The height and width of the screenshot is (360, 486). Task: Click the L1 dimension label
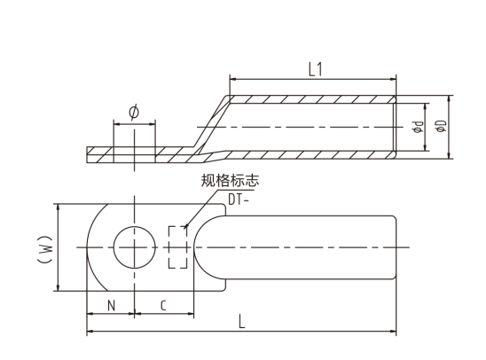point(316,69)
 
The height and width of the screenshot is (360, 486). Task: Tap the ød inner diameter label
point(418,127)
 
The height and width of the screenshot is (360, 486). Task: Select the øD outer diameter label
point(442,126)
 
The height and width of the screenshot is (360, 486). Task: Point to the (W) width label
point(44,249)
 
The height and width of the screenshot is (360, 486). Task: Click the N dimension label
point(111,306)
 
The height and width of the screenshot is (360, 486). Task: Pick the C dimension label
point(163,306)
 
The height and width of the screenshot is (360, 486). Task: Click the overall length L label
point(242,322)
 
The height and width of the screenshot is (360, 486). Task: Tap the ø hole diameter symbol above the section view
point(134,112)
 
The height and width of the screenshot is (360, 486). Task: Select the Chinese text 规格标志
point(230,180)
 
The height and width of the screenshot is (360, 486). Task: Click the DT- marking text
point(238,200)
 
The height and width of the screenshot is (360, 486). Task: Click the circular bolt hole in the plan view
point(135,227)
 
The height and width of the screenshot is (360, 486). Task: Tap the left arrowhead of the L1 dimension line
point(233,79)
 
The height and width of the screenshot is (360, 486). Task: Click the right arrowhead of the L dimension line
point(393,332)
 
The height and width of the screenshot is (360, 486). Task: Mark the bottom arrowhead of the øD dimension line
point(449,155)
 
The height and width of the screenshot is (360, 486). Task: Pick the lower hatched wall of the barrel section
point(310,155)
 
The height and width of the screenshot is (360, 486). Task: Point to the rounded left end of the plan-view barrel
point(194,247)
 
